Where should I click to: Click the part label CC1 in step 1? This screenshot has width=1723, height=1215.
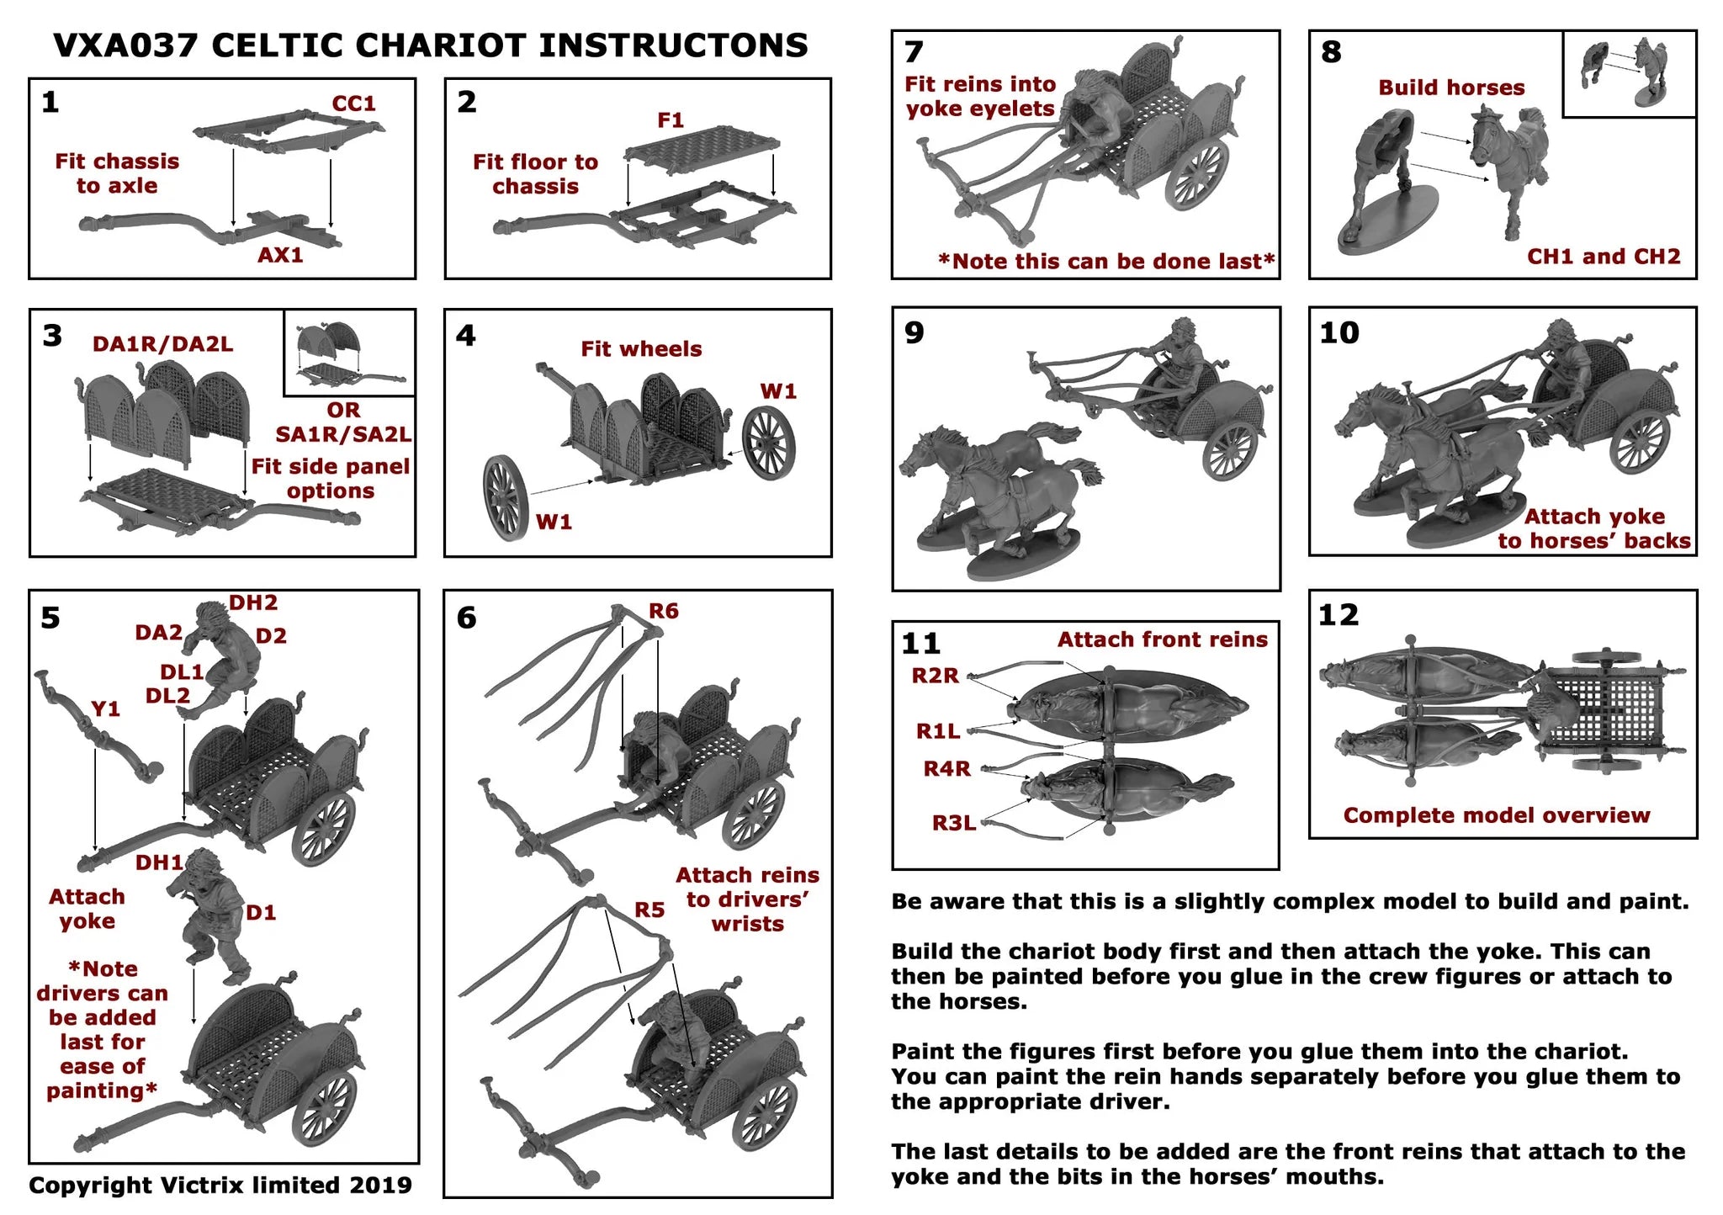(353, 103)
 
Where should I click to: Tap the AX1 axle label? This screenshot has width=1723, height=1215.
(280, 255)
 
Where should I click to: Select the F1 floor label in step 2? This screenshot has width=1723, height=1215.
(671, 120)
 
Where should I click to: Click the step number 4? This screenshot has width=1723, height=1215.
(466, 336)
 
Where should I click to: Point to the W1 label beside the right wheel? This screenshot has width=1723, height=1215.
(778, 391)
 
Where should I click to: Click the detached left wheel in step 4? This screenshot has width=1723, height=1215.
(505, 497)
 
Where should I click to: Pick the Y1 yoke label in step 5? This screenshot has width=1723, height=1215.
(106, 708)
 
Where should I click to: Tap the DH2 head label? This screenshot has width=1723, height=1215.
(252, 602)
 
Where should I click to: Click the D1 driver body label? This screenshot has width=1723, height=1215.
(261, 912)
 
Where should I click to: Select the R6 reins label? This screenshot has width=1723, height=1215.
(664, 611)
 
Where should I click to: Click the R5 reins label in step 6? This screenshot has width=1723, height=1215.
(649, 910)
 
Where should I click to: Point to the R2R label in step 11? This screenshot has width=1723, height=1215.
(935, 676)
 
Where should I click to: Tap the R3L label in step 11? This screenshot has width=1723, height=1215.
(954, 823)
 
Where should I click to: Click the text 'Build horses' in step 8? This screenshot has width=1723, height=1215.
(1451, 88)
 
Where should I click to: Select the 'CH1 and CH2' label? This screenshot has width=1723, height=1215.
(1604, 257)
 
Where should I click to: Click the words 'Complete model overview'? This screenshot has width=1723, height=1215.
(1497, 814)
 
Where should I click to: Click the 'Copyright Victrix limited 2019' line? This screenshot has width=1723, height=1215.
(220, 1185)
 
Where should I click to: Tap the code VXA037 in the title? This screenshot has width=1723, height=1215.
(125, 45)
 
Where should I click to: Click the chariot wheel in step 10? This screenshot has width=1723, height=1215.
(1640, 442)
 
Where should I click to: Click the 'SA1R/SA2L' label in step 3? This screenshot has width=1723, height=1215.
(343, 434)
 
